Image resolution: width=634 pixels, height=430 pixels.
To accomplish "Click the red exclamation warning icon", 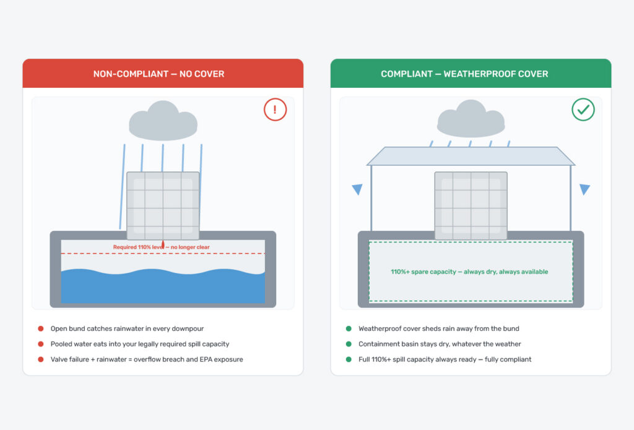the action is point(276,110).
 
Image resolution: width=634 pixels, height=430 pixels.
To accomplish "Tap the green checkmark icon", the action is point(583,110).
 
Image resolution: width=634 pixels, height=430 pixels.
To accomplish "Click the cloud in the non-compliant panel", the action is point(163,121).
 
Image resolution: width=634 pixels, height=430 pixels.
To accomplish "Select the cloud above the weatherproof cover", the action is point(471,119).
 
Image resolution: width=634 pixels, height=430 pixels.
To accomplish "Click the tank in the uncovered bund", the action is point(163,205).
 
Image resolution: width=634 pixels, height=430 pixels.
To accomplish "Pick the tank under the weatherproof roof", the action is point(471,205).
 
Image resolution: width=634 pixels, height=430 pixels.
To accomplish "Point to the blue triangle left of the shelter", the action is point(357,189).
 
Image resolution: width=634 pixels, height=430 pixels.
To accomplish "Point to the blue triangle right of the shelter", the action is point(584,189).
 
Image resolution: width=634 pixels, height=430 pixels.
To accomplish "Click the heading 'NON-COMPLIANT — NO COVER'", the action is point(158,74).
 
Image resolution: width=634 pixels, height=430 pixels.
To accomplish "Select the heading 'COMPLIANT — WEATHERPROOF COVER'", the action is point(464,74).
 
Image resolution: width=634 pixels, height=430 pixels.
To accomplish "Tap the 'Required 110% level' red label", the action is point(162,247).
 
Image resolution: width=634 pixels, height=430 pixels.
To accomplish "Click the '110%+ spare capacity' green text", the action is point(469,272).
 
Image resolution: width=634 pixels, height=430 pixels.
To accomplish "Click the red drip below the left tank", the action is point(163,244).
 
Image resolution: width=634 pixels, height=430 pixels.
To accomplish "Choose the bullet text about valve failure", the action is point(147,359).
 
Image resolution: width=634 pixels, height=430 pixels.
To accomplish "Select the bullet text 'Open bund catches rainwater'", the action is point(127,329).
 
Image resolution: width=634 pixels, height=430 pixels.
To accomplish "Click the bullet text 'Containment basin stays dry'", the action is point(440,344).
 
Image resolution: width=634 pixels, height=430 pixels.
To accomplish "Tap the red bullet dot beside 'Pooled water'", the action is point(41,344).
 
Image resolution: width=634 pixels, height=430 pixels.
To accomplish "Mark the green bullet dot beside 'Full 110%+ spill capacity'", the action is point(349,359).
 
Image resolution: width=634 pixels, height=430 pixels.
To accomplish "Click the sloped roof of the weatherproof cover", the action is point(471,156).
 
